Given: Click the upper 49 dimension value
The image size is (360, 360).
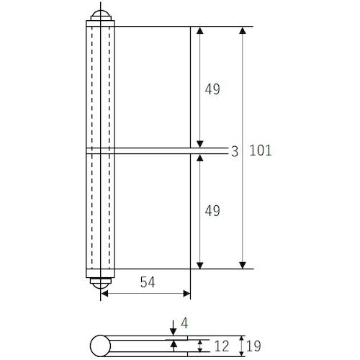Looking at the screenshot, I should [212, 89].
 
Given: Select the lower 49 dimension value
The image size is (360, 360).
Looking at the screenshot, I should [212, 211].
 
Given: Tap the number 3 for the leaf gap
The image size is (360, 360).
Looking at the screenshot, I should [234, 151].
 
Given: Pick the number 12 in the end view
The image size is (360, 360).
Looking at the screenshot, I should [222, 346].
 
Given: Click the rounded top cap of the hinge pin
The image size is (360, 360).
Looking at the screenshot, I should [99, 15].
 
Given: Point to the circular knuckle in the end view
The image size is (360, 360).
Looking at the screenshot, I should [99, 347].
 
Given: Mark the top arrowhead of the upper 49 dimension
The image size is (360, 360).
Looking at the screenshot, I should [200, 32].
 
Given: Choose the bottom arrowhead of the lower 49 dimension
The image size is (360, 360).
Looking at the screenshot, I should [200, 264].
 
